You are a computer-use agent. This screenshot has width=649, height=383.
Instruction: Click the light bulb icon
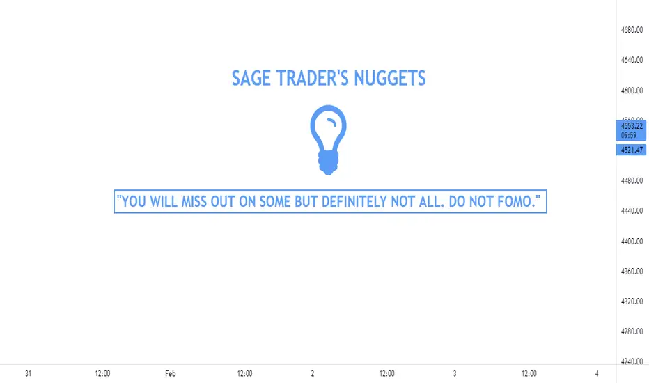(x=328, y=139)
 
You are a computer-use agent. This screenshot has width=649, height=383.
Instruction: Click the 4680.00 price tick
(x=632, y=30)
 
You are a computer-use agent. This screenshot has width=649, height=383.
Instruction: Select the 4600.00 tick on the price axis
(x=632, y=91)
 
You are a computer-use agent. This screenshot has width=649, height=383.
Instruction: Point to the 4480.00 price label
(x=632, y=180)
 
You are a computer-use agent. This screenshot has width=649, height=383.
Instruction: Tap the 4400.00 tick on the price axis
(x=632, y=241)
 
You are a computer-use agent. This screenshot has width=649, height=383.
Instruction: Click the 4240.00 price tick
(x=632, y=361)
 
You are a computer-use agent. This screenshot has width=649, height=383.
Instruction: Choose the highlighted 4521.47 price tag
(x=631, y=150)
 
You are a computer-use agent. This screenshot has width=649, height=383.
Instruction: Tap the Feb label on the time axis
(x=170, y=373)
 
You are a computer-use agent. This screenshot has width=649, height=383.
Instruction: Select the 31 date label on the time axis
(x=28, y=373)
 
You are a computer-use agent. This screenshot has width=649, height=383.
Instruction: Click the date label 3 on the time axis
(x=455, y=373)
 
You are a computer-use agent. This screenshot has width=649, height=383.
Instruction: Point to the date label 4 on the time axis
(x=597, y=373)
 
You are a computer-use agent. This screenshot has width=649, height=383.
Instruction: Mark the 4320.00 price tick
(x=632, y=302)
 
